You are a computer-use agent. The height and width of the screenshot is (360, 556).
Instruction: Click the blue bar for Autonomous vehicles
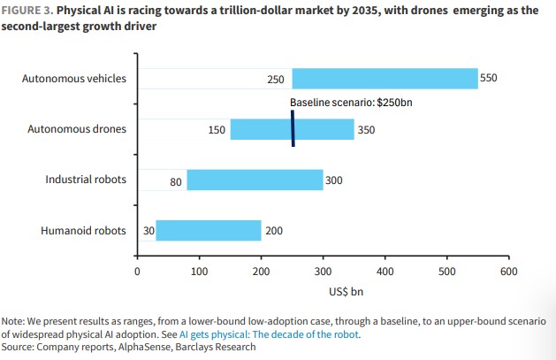(x=385, y=79)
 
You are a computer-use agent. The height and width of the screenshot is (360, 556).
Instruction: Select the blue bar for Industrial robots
(x=255, y=180)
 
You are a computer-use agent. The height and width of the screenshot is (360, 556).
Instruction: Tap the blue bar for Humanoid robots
(x=209, y=231)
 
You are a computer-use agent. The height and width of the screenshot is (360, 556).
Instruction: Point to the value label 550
(x=489, y=79)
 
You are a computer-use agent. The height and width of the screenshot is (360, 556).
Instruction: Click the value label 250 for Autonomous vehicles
(x=276, y=80)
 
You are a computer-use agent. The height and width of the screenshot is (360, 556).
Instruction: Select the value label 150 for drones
(x=217, y=130)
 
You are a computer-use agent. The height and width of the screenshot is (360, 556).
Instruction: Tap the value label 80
(x=177, y=181)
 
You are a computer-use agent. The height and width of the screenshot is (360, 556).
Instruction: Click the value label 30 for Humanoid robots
(x=149, y=232)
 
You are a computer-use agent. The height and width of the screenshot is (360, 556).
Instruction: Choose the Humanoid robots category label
(x=84, y=231)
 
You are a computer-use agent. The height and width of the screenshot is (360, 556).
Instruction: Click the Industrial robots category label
(x=86, y=180)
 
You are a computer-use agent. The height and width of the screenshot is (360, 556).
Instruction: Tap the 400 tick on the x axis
(x=385, y=271)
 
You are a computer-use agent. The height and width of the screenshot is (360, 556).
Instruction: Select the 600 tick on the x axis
(x=508, y=271)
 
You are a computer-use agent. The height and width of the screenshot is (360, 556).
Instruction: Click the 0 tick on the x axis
(x=137, y=271)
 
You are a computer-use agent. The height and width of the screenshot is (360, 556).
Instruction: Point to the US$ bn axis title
(x=322, y=289)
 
